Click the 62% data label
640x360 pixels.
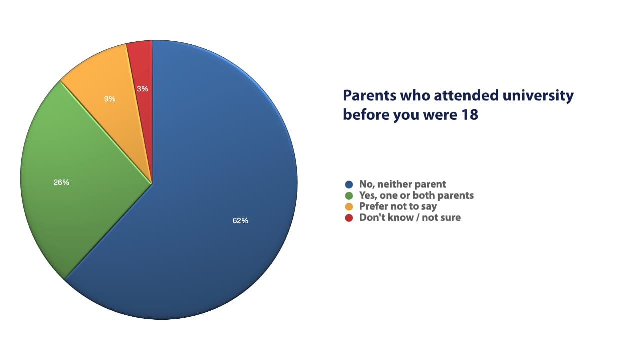click(240, 220)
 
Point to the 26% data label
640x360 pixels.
click(61, 182)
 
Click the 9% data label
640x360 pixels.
click(110, 99)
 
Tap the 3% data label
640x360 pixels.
click(142, 89)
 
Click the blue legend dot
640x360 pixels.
click(349, 185)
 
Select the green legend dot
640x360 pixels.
click(349, 196)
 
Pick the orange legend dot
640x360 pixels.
click(349, 207)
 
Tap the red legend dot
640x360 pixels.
click(349, 218)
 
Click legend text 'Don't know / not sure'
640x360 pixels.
click(410, 218)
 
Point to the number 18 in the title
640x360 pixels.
click(470, 115)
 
